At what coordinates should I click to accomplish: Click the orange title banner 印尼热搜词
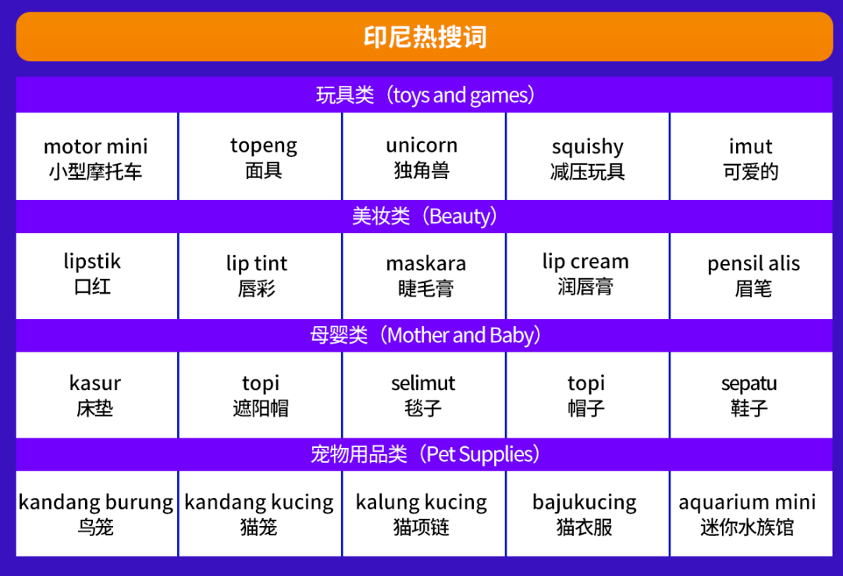tap(424, 37)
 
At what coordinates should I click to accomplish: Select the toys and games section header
tap(424, 95)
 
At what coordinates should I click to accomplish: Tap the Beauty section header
tap(424, 216)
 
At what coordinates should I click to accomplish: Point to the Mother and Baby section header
tap(424, 335)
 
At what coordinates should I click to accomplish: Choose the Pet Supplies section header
tap(424, 454)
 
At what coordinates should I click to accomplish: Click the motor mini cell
tap(97, 156)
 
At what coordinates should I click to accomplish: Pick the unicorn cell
tap(424, 156)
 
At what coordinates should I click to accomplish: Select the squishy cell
tap(588, 156)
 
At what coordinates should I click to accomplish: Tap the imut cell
tap(752, 156)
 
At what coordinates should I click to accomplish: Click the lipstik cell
tap(97, 276)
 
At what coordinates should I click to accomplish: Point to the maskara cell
tap(424, 276)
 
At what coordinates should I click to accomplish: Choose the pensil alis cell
tap(752, 276)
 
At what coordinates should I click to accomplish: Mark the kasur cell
tap(97, 395)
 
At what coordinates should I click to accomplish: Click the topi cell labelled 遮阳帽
tap(260, 395)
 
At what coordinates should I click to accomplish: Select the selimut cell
tap(424, 395)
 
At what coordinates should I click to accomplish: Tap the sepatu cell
tap(752, 395)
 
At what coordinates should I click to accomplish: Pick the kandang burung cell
tap(97, 513)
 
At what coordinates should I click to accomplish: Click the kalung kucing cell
tap(424, 513)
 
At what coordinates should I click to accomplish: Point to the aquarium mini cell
tap(752, 513)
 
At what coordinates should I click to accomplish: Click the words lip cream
tap(585, 262)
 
